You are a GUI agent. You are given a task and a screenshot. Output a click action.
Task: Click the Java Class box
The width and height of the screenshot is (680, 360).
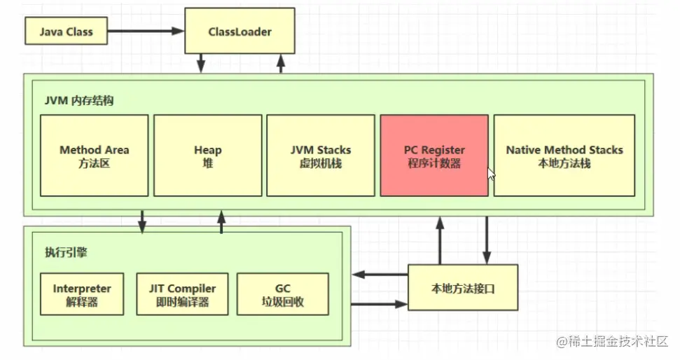(66, 32)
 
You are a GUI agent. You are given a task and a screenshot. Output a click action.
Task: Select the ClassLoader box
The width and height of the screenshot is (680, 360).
(240, 32)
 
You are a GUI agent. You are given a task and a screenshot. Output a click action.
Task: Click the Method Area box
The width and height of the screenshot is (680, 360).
(95, 155)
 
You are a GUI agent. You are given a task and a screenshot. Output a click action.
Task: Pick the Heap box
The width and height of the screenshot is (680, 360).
(208, 155)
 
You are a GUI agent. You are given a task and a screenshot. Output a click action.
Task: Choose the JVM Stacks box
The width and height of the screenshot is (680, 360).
(321, 155)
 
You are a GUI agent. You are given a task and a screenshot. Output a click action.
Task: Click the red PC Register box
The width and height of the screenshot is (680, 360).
(434, 155)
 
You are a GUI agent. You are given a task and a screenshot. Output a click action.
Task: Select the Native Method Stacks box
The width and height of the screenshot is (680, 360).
(564, 155)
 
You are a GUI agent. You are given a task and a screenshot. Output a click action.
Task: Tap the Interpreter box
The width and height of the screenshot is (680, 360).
(82, 295)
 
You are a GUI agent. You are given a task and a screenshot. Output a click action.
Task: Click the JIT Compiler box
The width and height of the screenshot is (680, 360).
(182, 295)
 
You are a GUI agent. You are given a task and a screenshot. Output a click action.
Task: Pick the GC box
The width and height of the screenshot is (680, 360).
(283, 295)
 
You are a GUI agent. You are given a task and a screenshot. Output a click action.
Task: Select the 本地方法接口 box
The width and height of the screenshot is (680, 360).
(463, 288)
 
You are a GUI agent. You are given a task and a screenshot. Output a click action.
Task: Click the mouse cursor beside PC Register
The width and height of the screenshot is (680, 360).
(492, 174)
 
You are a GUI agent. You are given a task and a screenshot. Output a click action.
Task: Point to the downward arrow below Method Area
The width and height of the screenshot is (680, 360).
(143, 221)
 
